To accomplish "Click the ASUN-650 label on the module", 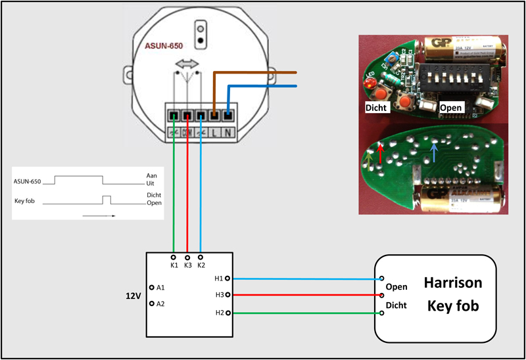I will pyautogui.click(x=164, y=47).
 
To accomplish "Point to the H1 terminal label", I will pyautogui.click(x=219, y=279).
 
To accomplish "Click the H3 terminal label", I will pyautogui.click(x=219, y=296).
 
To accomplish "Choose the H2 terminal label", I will pyautogui.click(x=219, y=313).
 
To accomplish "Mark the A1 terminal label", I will pyautogui.click(x=160, y=288).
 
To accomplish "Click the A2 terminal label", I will pyautogui.click(x=160, y=304).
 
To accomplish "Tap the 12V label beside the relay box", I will pyautogui.click(x=133, y=296).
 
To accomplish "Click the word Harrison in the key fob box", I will pyautogui.click(x=453, y=283).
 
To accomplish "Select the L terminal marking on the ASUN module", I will pyautogui.click(x=214, y=131).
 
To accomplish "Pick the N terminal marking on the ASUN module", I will pyautogui.click(x=228, y=131).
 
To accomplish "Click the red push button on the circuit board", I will pyautogui.click(x=407, y=104).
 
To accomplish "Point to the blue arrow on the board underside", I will pyautogui.click(x=433, y=153).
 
